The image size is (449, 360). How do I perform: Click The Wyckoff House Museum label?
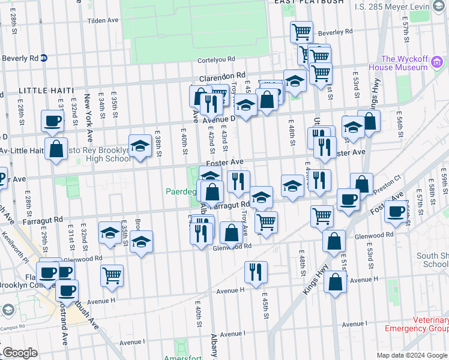(x=404, y=63)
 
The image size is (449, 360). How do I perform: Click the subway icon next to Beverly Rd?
(x=44, y=58)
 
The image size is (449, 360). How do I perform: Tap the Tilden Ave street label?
(x=103, y=20)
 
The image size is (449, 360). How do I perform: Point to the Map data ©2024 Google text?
(x=412, y=355)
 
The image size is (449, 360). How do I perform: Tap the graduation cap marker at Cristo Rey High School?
(x=140, y=146)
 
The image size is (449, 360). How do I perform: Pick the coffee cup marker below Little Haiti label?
(x=52, y=121)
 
